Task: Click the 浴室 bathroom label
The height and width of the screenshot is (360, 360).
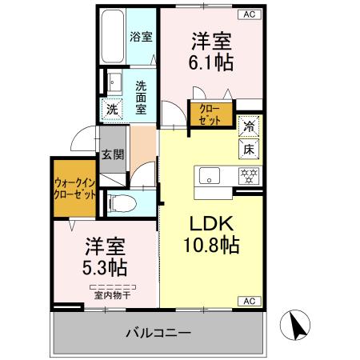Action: [142, 36]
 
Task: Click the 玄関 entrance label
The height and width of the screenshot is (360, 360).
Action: [112, 155]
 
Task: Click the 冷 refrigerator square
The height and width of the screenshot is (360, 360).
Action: [249, 126]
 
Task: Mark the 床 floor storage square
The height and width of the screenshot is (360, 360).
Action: [249, 148]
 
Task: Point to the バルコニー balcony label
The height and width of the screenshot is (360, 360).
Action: [158, 333]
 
